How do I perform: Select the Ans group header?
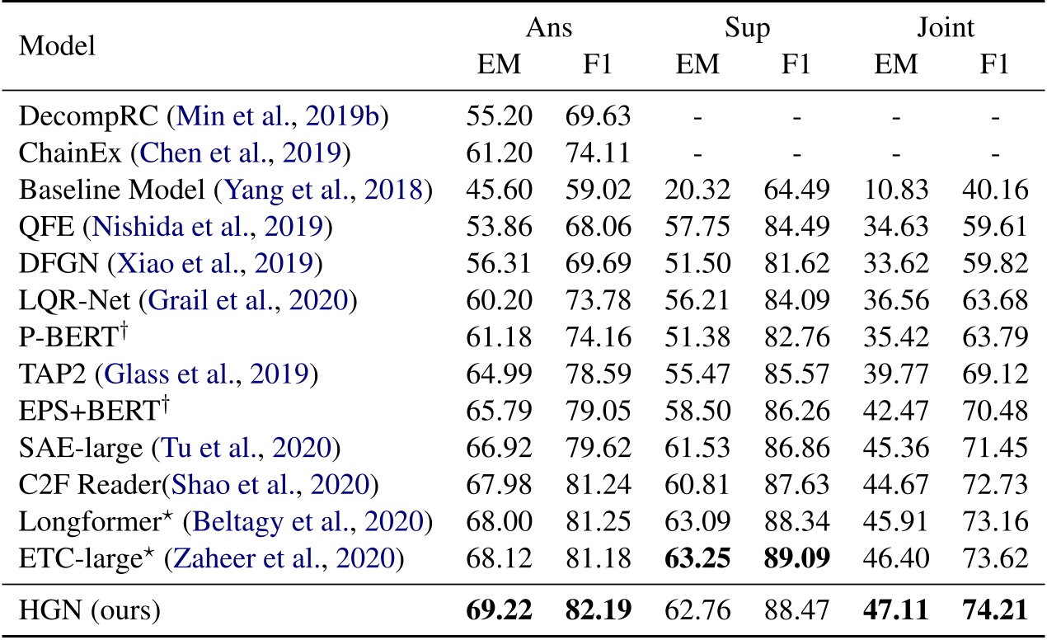click(549, 28)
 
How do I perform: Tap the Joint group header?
click(946, 28)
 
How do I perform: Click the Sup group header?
click(747, 30)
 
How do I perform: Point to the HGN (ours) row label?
click(89, 612)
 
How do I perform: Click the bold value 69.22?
click(499, 612)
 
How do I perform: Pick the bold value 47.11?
click(896, 612)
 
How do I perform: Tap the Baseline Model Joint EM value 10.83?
click(896, 191)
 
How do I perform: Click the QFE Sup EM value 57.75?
click(697, 228)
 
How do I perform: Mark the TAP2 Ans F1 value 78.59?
click(598, 375)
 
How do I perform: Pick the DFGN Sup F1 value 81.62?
click(796, 265)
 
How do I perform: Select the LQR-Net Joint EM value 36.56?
click(896, 301)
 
